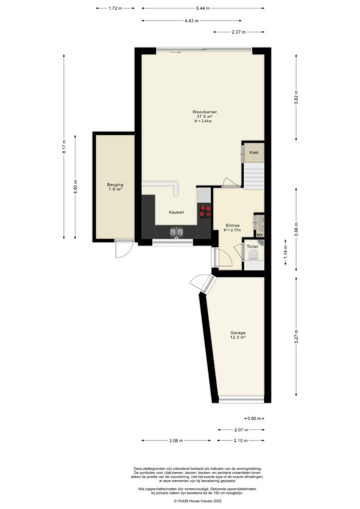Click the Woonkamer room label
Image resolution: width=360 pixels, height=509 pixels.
205,112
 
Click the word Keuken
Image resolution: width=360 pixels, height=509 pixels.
176,212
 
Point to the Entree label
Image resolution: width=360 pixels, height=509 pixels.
232,225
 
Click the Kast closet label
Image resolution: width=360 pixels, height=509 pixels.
254,153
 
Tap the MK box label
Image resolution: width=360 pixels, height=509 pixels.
260,235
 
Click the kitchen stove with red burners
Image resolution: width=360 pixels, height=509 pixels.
204,211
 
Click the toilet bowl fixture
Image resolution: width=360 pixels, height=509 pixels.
253,255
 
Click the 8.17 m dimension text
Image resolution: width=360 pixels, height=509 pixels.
64,146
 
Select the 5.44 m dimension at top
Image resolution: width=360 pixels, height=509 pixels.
202,8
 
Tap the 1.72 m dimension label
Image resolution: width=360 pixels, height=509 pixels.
115,8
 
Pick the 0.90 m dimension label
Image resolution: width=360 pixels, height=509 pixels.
254,419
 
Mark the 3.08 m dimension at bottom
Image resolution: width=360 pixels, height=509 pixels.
176,440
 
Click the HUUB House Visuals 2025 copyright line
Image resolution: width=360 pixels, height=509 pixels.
197,502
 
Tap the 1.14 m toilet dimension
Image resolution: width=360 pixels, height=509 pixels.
285,255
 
